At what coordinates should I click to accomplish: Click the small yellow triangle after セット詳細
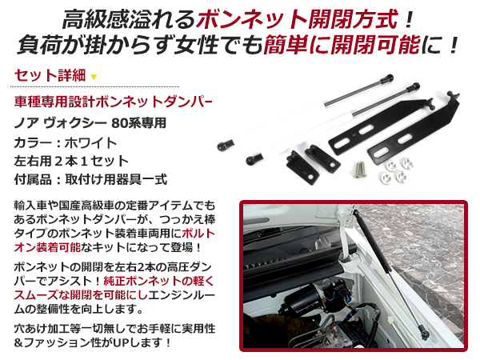(94, 78)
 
